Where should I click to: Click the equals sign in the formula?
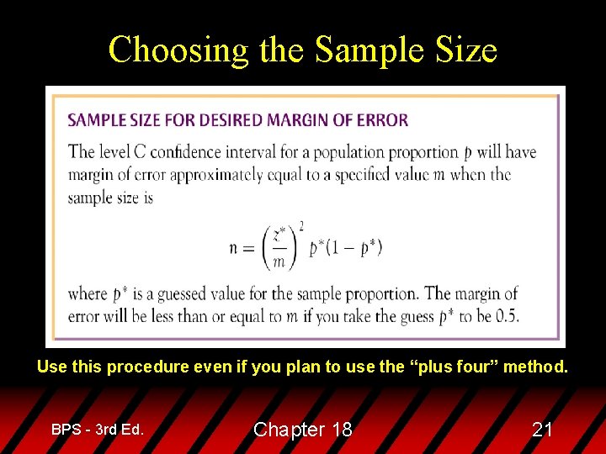point(252,248)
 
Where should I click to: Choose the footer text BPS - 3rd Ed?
point(97,429)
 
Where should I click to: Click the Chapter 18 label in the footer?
point(302,430)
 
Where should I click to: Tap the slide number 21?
point(543,430)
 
